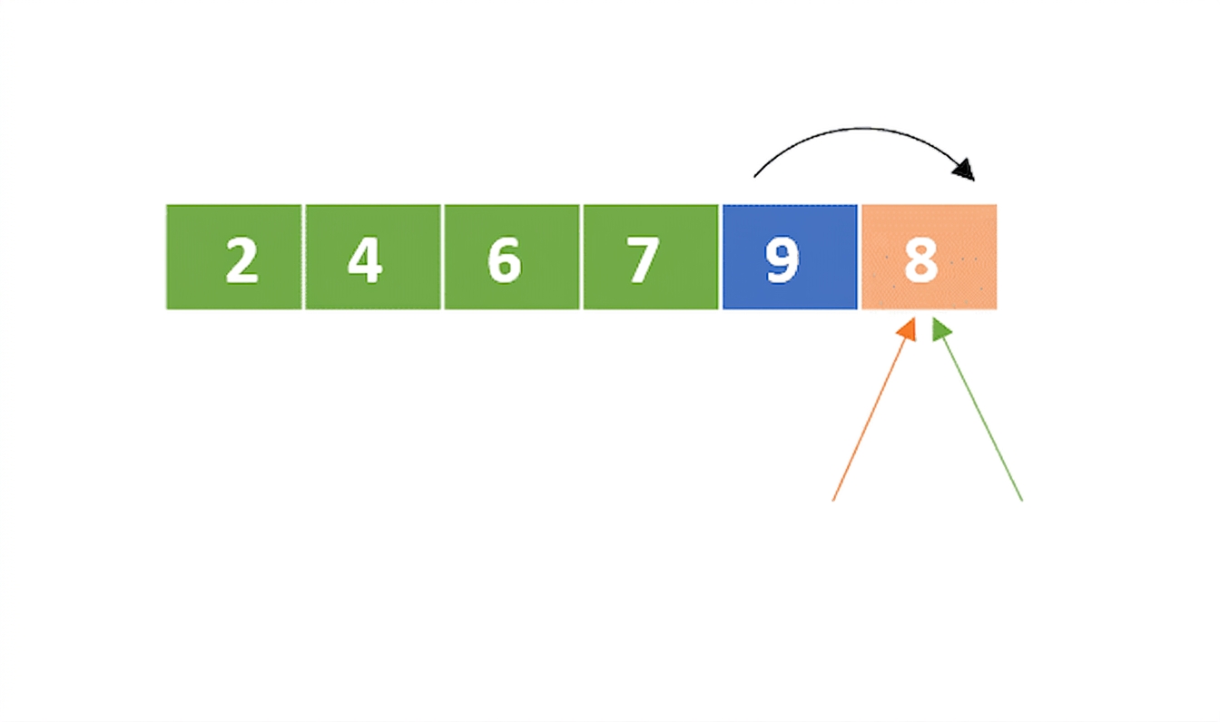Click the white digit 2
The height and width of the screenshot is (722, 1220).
click(241, 260)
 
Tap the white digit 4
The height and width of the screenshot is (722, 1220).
click(366, 260)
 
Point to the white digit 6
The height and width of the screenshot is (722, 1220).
click(505, 260)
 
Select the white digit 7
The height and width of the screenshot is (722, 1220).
click(644, 260)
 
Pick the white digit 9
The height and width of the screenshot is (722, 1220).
click(782, 260)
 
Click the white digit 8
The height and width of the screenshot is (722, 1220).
click(921, 260)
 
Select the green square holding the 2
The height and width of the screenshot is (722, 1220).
click(233, 257)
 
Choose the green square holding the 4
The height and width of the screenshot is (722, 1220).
click(373, 257)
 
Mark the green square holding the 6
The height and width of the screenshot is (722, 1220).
click(512, 257)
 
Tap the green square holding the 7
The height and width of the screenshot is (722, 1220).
click(651, 257)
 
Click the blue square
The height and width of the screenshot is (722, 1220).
click(790, 257)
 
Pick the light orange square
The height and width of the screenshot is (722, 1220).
click(930, 257)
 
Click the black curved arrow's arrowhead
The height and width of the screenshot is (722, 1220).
click(965, 170)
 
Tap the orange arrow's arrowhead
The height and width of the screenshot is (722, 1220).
click(908, 330)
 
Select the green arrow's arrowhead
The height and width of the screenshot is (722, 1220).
click(940, 330)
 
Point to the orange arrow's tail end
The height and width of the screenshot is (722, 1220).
click(833, 501)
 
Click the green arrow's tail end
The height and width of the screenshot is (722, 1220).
click(1022, 501)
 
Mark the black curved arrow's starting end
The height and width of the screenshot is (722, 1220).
click(754, 177)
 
